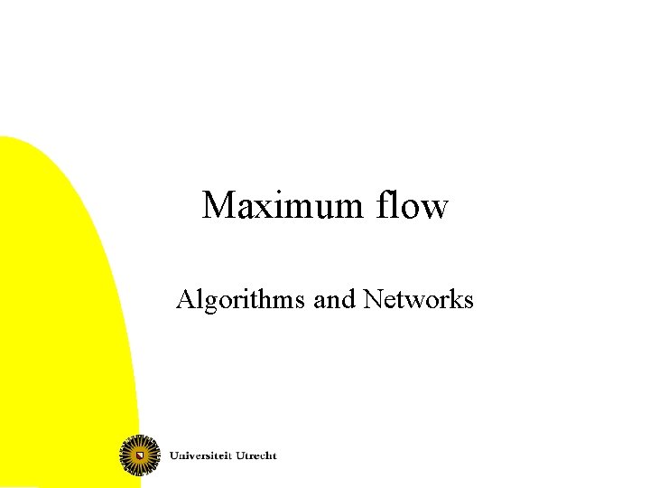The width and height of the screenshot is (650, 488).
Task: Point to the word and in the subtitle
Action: (334, 299)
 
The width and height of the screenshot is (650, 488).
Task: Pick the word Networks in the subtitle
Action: (418, 299)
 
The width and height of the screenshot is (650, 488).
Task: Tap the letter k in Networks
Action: (450, 299)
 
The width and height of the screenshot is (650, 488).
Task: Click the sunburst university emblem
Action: (140, 454)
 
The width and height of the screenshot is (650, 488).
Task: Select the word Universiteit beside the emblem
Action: (203, 455)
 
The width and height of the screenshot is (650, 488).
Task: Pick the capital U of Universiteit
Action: (174, 455)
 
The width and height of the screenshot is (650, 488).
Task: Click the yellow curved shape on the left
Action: (54, 316)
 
